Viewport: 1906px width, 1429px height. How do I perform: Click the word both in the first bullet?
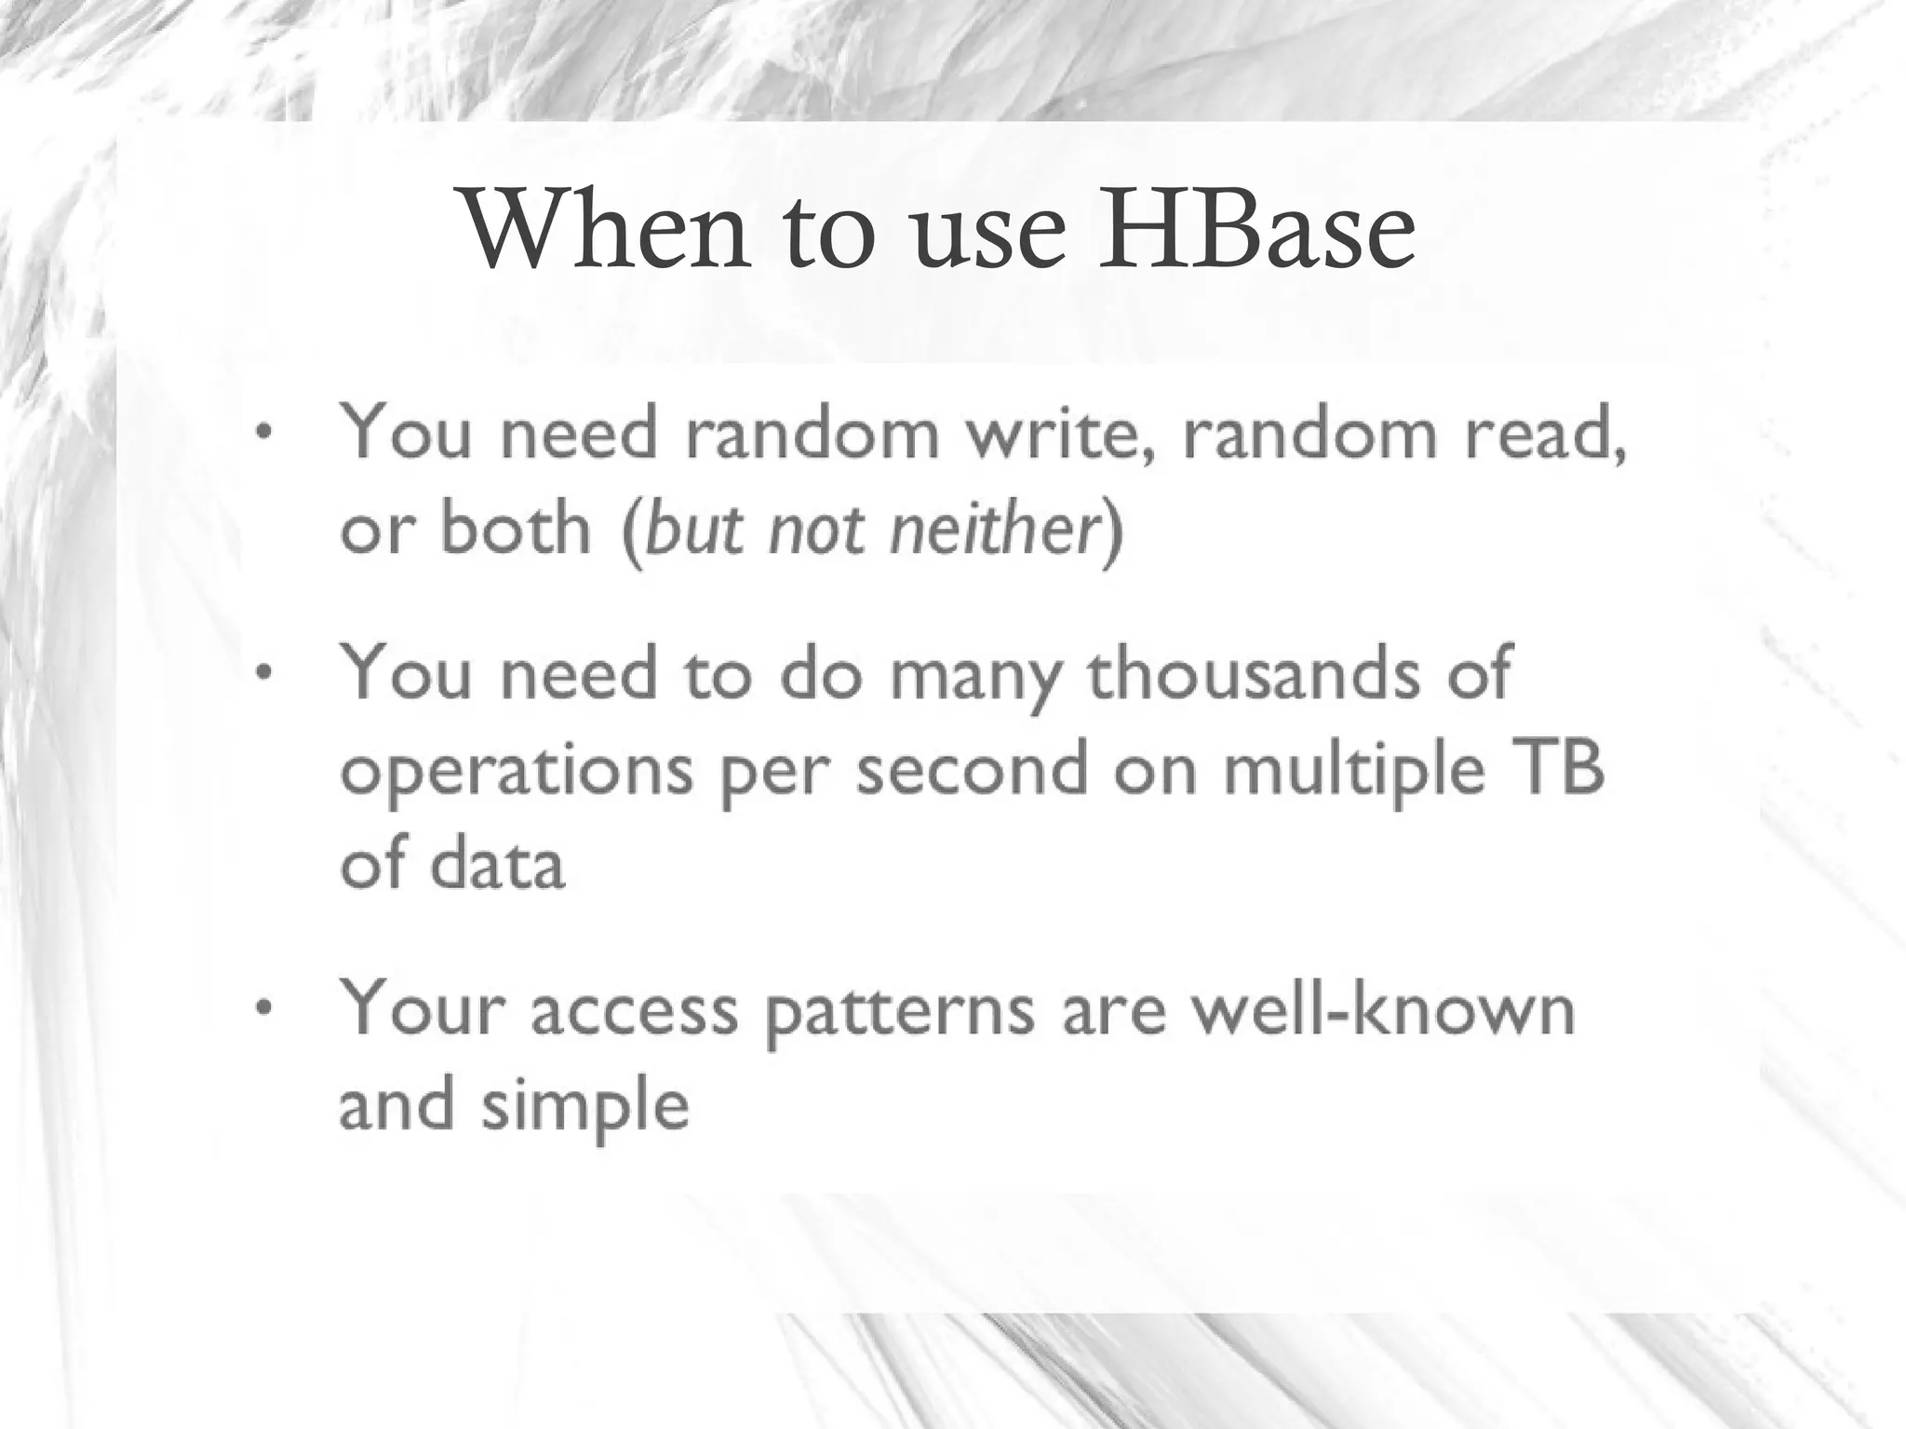[x=515, y=529]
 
